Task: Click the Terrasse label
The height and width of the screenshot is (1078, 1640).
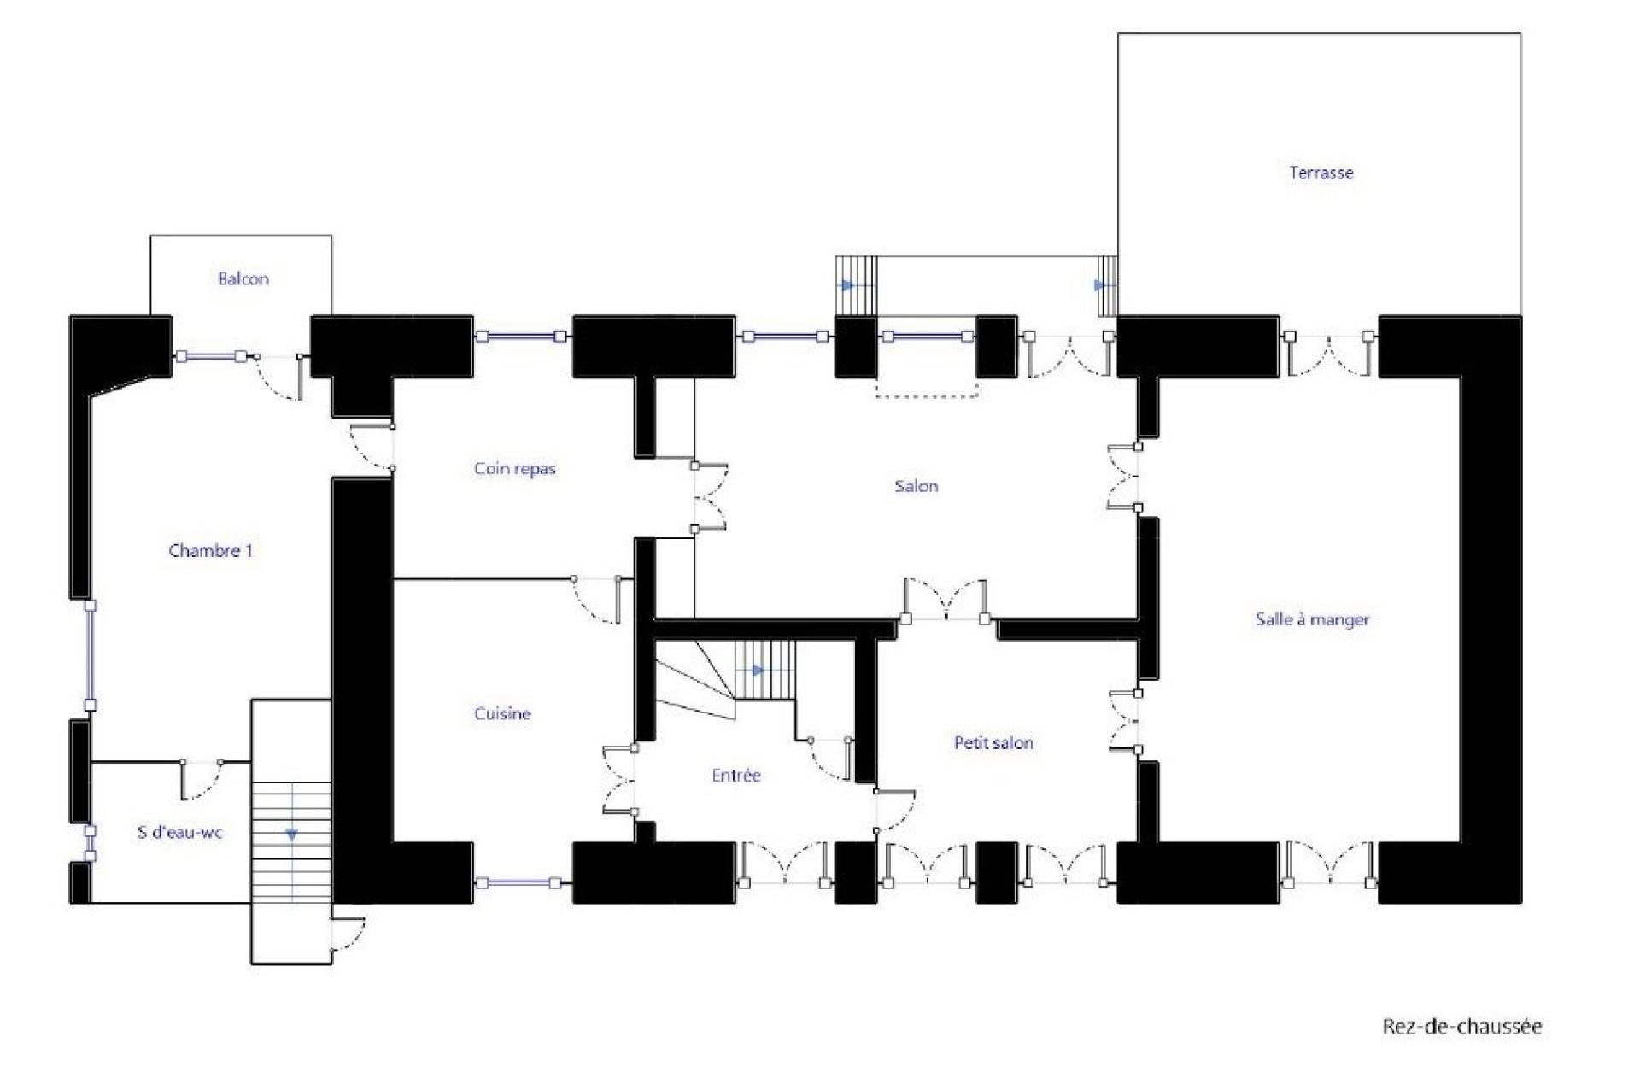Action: (1321, 173)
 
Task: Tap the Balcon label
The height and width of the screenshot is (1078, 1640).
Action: (243, 278)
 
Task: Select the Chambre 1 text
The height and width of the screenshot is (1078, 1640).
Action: (211, 551)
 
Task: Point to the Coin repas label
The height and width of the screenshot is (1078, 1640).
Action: (515, 469)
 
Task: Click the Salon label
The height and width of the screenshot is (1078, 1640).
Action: (917, 486)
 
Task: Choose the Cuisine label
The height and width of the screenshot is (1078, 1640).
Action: (502, 713)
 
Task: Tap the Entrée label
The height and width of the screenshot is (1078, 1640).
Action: (736, 776)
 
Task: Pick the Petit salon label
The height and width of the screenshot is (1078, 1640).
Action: (993, 743)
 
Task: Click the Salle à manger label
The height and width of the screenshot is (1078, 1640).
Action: (1313, 620)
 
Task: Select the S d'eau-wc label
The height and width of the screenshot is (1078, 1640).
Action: (180, 832)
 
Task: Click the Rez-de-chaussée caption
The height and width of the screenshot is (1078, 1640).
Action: (1462, 1026)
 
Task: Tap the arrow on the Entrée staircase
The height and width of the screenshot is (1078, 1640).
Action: (755, 671)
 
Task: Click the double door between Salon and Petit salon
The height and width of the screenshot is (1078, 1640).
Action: (946, 601)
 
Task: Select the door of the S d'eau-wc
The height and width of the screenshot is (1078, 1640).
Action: (202, 779)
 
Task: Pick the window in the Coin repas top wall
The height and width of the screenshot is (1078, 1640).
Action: (522, 337)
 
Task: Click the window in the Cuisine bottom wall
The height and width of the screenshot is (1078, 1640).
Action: (522, 883)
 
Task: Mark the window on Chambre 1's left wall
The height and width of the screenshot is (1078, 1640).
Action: (90, 655)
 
